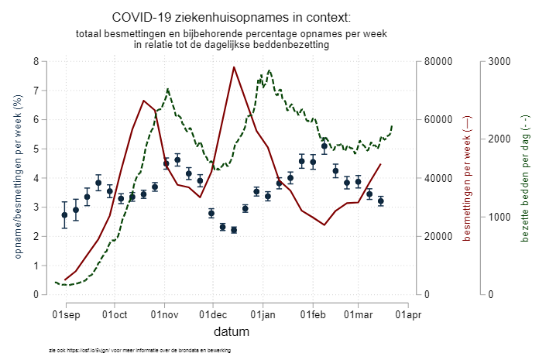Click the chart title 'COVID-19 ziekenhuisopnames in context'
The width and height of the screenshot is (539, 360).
click(x=231, y=17)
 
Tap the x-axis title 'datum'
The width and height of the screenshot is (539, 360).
click(x=232, y=333)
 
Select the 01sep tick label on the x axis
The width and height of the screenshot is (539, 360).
click(x=65, y=314)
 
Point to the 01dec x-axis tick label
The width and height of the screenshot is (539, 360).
click(x=213, y=314)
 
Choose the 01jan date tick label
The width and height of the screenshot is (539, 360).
click(x=263, y=314)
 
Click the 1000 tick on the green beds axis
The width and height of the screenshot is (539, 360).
click(x=500, y=217)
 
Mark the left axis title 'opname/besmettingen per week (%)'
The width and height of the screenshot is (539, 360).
click(x=17, y=178)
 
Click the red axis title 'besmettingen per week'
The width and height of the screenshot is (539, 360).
click(x=467, y=178)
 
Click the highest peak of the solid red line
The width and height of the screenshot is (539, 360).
click(x=234, y=67)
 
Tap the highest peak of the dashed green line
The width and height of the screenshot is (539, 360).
click(x=269, y=70)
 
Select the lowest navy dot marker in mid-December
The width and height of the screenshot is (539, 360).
click(x=234, y=230)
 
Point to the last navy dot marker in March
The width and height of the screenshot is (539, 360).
click(x=380, y=201)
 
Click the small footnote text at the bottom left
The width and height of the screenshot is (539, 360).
click(x=139, y=351)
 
